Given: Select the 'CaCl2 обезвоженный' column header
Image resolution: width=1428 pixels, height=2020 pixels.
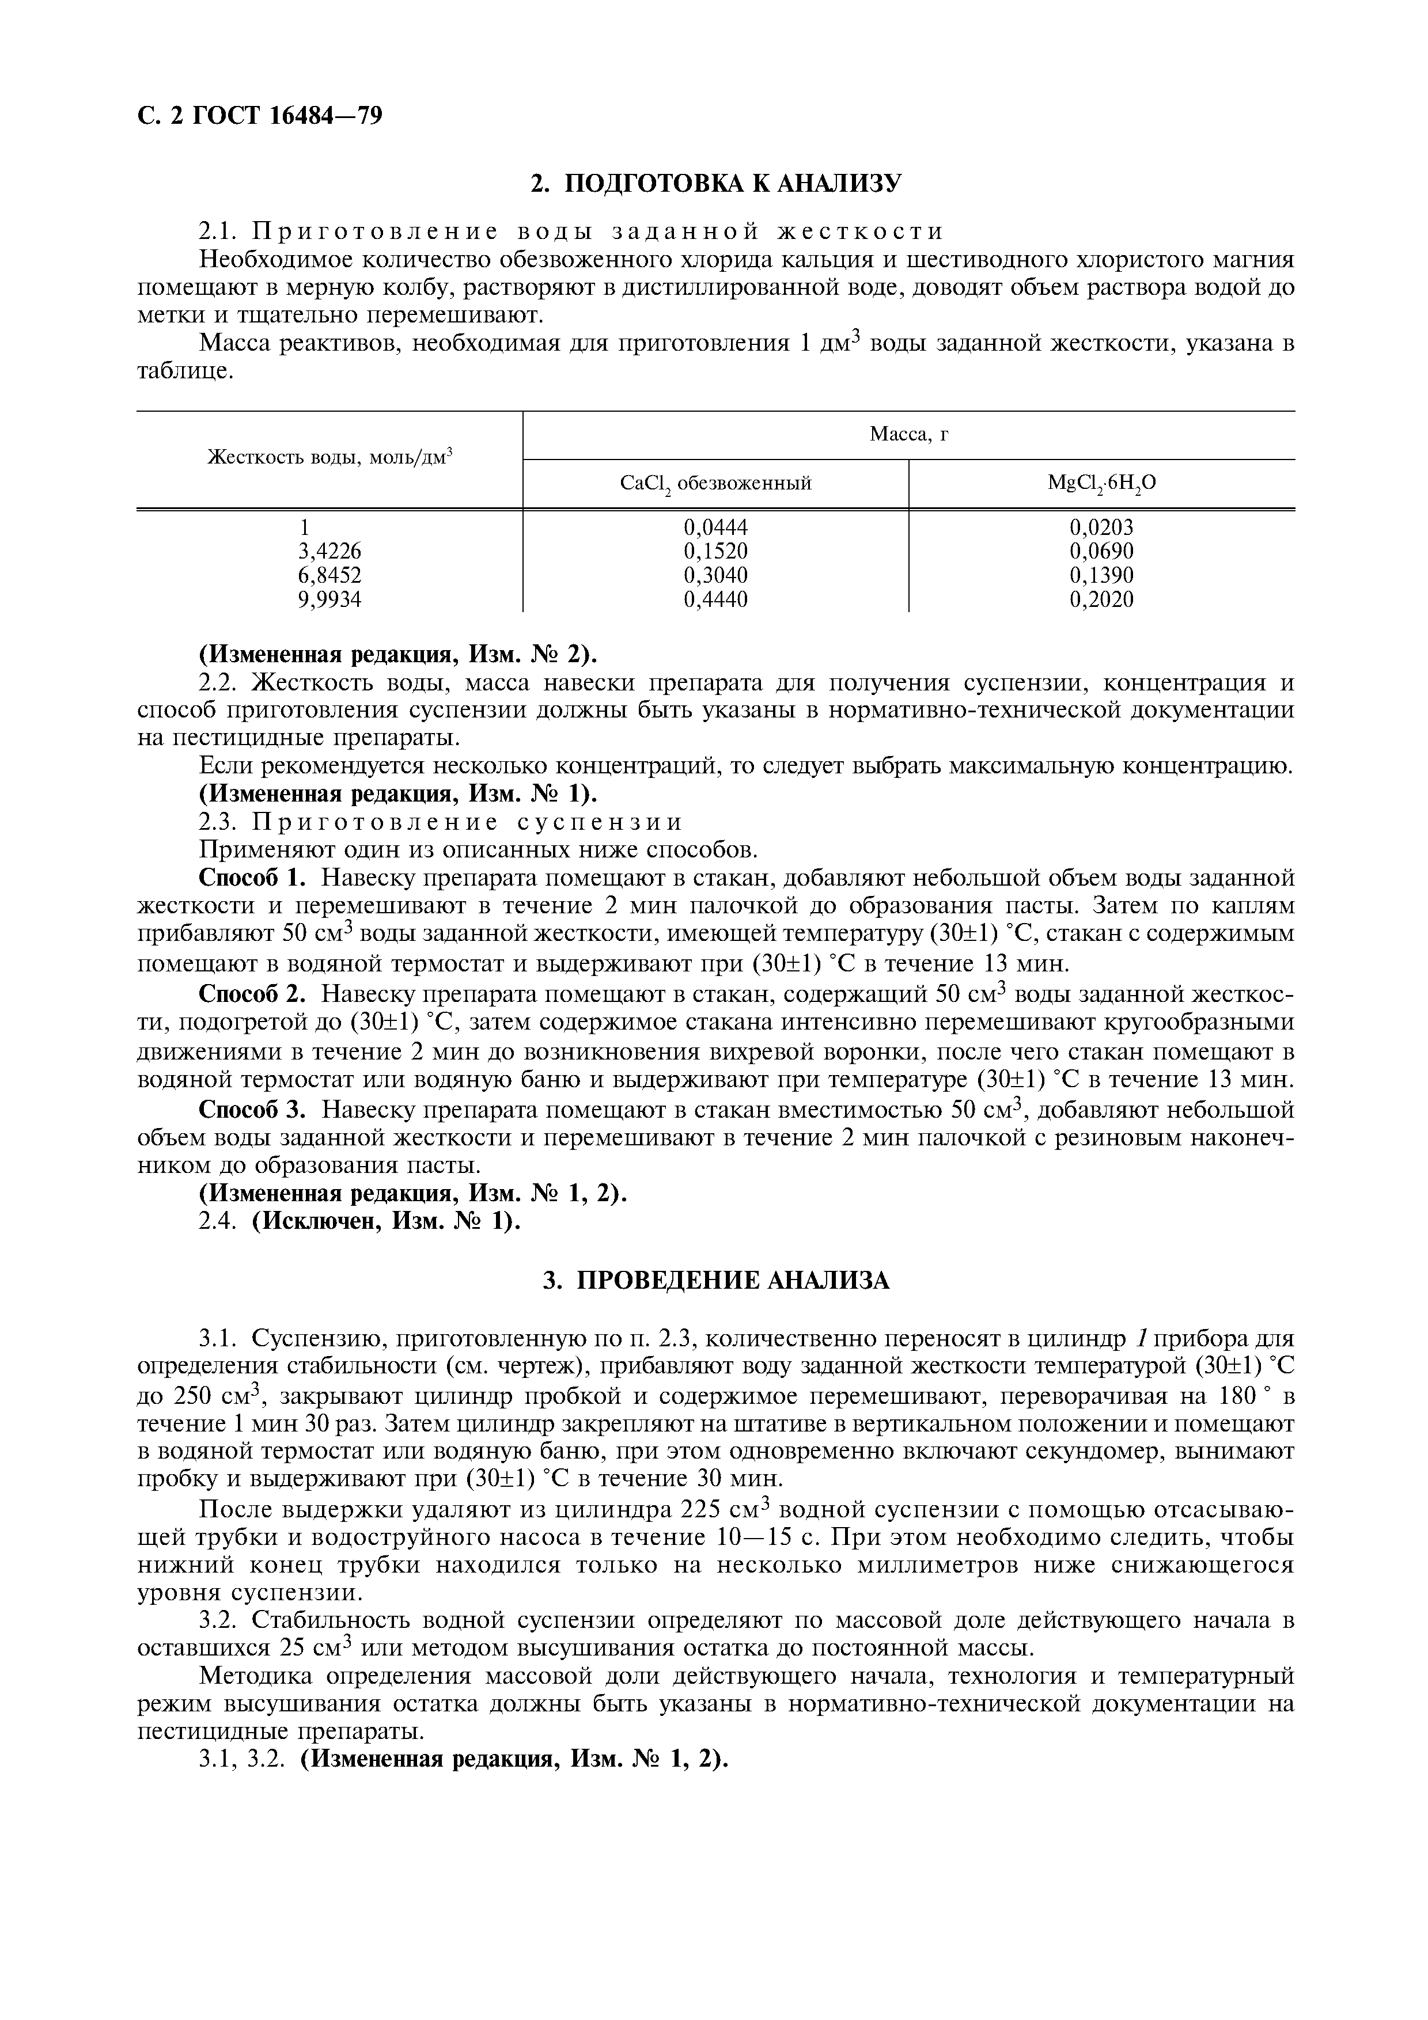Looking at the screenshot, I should point(715,483).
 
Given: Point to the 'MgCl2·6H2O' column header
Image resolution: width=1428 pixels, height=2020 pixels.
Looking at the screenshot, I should point(1101,483).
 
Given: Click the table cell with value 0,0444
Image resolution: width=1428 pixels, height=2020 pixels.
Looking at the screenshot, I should point(715,527).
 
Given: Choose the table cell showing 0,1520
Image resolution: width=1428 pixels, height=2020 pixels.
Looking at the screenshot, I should point(715,550).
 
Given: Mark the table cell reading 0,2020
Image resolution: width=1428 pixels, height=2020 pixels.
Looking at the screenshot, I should point(1101,599).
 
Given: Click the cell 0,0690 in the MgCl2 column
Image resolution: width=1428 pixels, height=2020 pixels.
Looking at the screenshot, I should point(1101,550).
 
